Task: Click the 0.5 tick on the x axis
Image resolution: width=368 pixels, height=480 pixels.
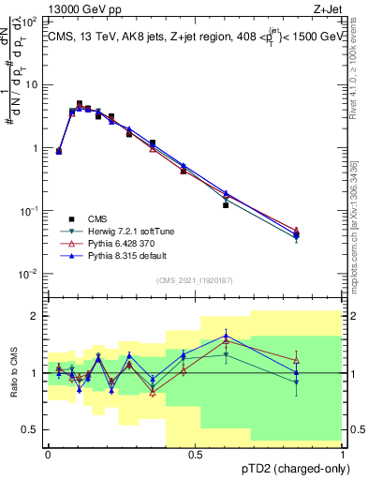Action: [x=194, y=454]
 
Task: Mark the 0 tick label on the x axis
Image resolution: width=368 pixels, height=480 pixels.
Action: [x=48, y=454]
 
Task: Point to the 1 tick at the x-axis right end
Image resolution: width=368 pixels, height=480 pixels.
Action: [x=341, y=454]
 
